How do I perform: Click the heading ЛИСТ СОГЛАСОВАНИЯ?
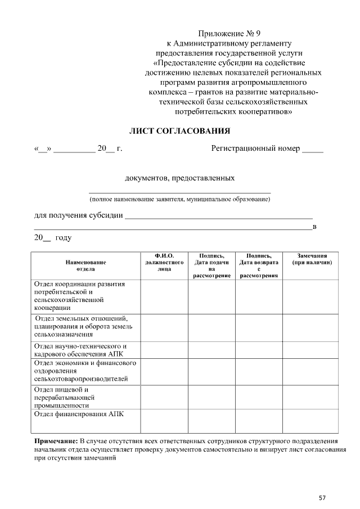180,131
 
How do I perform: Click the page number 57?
322,497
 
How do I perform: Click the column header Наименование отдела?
85,265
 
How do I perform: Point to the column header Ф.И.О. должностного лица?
164,262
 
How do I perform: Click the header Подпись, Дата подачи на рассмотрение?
211,265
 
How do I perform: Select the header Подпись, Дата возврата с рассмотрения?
259,265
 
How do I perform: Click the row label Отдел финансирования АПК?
79,414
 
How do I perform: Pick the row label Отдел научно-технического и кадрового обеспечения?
80,350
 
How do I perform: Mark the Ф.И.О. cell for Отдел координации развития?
164,296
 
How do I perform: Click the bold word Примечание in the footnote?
56,440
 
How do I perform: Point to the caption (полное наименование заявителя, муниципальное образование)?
180,199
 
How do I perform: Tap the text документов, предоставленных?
179,178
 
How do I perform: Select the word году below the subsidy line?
63,238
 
